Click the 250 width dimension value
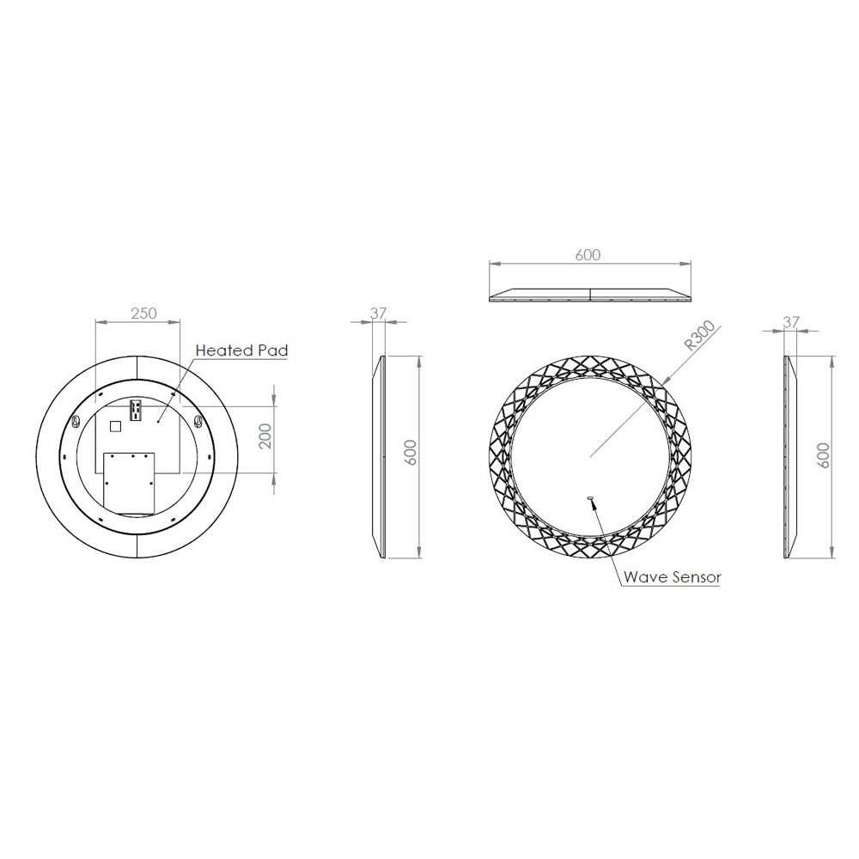tap(143, 314)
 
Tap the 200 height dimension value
tap(265, 437)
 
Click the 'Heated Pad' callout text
tap(241, 350)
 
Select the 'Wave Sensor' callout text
tap(673, 577)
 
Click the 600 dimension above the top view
tap(588, 255)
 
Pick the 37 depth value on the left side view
tap(377, 314)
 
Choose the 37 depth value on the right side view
tap(791, 322)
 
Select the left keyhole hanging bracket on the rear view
tap(76, 423)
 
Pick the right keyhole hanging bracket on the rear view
tap(200, 423)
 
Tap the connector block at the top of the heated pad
tap(134, 411)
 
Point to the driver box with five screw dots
tap(130, 481)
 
